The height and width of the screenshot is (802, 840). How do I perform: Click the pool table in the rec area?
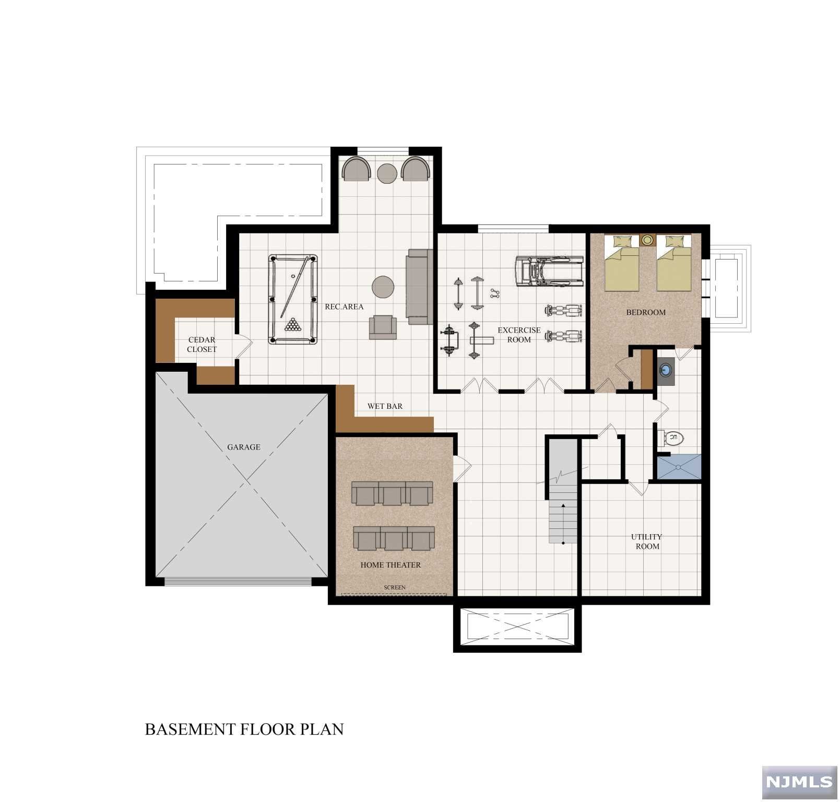[293, 299]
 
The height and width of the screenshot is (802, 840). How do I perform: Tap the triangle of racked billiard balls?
[293, 325]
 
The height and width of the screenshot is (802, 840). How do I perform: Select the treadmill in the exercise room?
[549, 272]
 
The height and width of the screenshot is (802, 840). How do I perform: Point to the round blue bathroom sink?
[665, 370]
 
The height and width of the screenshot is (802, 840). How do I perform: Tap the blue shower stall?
[679, 467]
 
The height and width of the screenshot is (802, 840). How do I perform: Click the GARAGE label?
[244, 447]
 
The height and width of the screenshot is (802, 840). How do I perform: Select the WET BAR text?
[385, 406]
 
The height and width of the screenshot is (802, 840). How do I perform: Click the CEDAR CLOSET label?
[202, 345]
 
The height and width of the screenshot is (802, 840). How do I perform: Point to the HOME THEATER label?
[391, 565]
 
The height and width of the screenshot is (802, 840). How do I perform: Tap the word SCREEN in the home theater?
[395, 587]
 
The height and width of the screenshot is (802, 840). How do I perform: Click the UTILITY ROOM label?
[647, 541]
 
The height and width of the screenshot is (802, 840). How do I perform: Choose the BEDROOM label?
[646, 312]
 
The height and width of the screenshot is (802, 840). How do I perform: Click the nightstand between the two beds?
[647, 240]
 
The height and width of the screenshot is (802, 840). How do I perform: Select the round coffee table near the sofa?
[383, 287]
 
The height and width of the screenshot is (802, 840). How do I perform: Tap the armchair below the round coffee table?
[383, 327]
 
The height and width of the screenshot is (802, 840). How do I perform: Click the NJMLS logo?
[799, 782]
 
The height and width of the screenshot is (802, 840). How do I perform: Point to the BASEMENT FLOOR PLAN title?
[244, 729]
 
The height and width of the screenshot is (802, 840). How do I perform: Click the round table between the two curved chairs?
[387, 174]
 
